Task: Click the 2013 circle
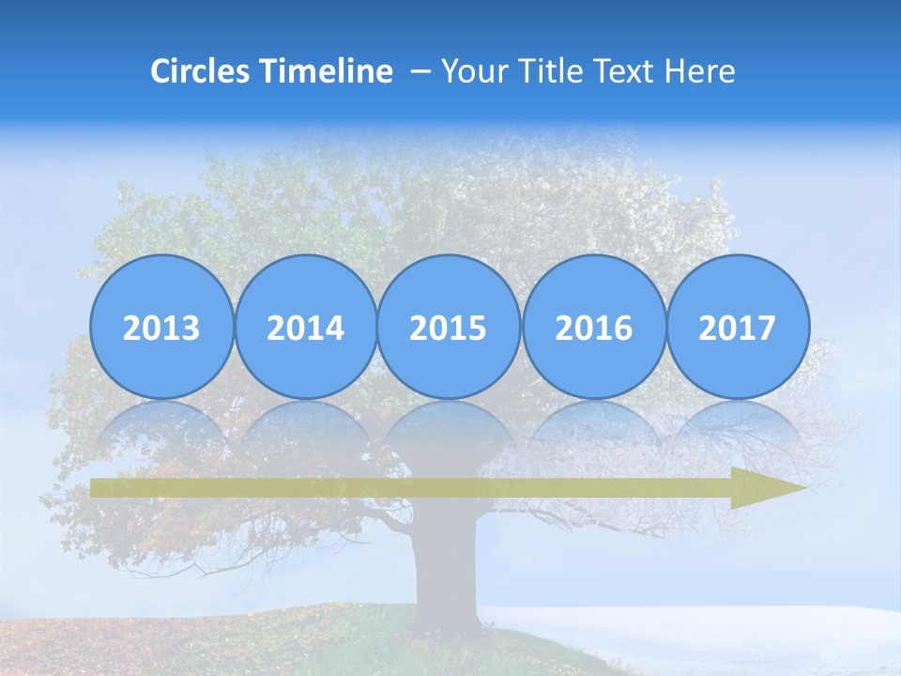click(x=161, y=327)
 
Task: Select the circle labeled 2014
click(x=305, y=327)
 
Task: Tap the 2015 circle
click(x=449, y=327)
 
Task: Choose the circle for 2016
click(x=593, y=327)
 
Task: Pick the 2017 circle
click(x=737, y=327)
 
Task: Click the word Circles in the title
click(x=201, y=71)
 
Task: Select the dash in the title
click(x=419, y=71)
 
